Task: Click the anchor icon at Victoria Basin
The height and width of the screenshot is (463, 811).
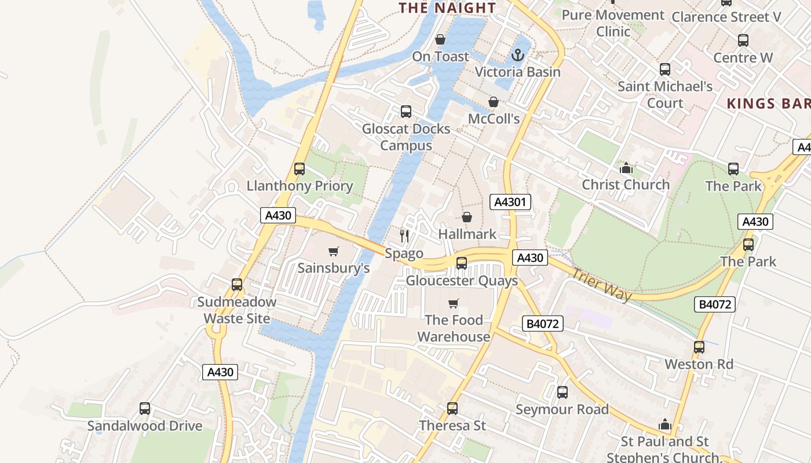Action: click(518, 56)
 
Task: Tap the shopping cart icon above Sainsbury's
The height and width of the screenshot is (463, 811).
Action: click(333, 251)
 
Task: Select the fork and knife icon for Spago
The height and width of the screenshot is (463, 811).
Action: click(404, 236)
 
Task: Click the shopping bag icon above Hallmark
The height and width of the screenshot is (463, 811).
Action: click(467, 217)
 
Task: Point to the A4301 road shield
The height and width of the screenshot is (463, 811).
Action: click(510, 202)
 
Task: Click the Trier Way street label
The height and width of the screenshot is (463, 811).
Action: click(601, 284)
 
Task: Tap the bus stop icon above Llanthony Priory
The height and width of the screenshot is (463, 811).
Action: click(299, 169)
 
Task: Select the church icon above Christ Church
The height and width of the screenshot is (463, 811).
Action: click(626, 168)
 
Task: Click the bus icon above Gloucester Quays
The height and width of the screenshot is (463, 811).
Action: click(462, 263)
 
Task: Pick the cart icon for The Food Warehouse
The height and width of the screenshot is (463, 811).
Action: click(454, 303)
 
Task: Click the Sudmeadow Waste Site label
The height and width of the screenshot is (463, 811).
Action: click(236, 310)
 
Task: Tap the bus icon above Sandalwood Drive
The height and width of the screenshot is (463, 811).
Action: click(145, 409)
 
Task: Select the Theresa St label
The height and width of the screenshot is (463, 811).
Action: click(452, 425)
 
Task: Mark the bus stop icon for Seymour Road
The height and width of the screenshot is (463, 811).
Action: click(562, 392)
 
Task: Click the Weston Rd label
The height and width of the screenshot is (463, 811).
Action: click(699, 364)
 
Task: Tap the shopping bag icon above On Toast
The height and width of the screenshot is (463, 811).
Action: click(440, 39)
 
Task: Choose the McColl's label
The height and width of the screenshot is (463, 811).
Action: click(494, 119)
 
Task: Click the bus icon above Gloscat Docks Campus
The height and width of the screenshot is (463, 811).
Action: click(406, 112)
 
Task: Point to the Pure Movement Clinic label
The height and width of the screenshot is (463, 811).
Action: click(613, 23)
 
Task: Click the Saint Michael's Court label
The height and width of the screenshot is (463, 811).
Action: click(665, 95)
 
